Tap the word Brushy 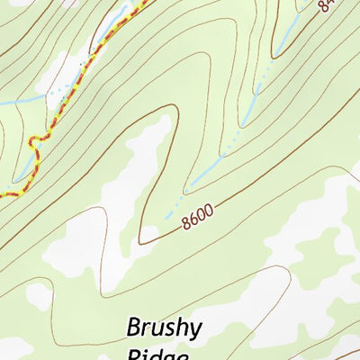coord(165,326)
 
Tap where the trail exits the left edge coord(2,194)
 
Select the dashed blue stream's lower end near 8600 coord(166,216)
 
